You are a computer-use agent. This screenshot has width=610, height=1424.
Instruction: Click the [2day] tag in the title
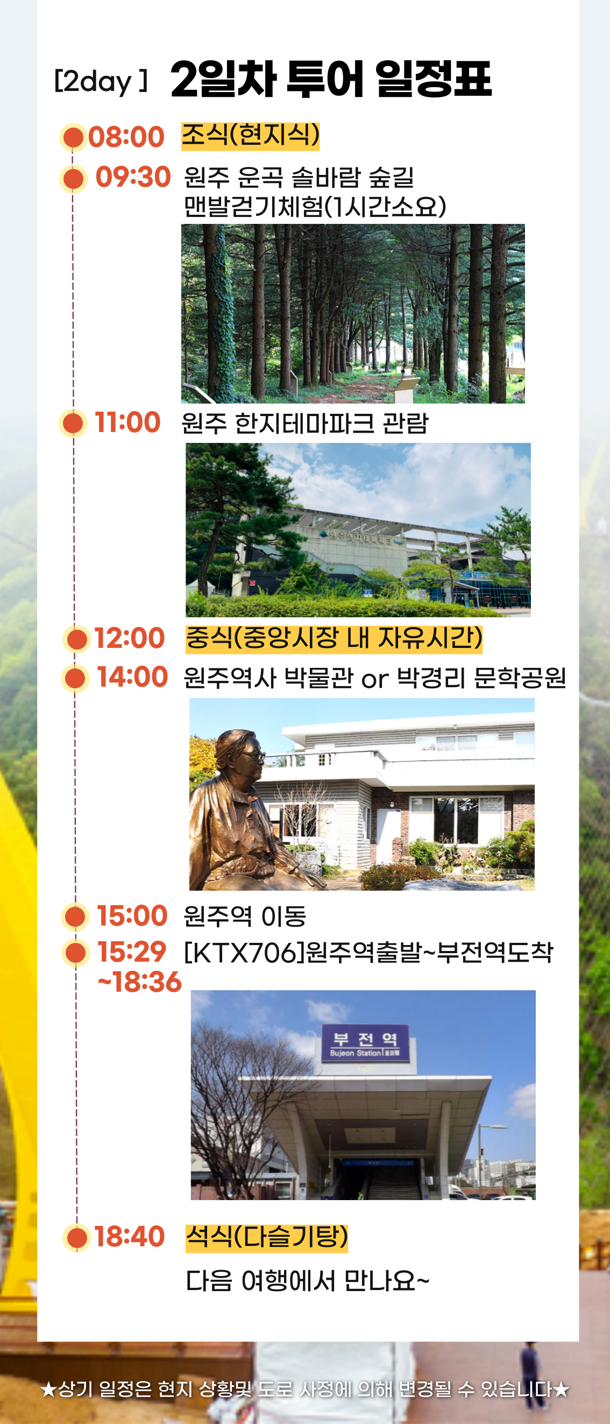pos(101,81)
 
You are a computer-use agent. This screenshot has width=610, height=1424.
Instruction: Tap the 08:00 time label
pos(126,137)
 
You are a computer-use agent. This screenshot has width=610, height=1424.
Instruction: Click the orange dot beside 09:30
pos(74,179)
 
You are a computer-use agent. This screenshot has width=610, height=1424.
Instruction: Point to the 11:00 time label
pos(127,422)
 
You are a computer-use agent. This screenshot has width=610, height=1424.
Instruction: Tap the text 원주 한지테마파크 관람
pos(305,424)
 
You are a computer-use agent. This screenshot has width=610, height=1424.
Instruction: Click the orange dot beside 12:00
pos(77,639)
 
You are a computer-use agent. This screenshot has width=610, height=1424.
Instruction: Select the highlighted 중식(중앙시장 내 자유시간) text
pos(334,638)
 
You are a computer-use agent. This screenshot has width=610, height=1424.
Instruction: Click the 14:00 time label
pos(132,676)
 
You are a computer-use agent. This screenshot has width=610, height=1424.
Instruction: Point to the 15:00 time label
pos(132,915)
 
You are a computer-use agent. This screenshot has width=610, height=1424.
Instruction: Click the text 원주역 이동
pos(245,917)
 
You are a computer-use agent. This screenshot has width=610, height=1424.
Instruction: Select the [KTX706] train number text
pos(244,952)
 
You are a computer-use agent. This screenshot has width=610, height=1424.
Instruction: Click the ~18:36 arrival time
pos(139,982)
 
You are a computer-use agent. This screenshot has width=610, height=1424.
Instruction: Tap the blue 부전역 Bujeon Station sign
pos(366,1043)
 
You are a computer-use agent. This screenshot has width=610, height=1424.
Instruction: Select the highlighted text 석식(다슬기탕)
pos(267,1237)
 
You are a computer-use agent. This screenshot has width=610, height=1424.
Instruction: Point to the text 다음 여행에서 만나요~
pos(307,1280)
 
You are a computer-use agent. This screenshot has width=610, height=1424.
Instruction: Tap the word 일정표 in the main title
pos(433,79)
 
